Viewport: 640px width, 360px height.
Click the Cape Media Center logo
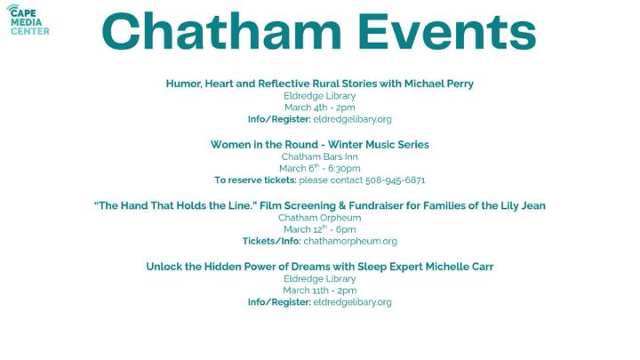(28, 20)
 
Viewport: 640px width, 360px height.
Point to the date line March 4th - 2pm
(319, 107)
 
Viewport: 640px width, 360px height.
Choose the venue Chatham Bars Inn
(319, 156)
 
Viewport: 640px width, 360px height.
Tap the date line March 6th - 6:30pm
(319, 168)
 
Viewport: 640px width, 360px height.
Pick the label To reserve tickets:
(255, 180)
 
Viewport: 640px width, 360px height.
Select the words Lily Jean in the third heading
(521, 205)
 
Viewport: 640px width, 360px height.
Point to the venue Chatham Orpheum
(319, 218)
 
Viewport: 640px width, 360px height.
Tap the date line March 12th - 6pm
(319, 229)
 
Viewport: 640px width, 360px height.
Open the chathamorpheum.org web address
(350, 241)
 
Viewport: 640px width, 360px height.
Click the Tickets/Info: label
(271, 241)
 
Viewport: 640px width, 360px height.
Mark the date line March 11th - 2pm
(319, 290)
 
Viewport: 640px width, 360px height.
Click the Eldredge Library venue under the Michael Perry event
(319, 95)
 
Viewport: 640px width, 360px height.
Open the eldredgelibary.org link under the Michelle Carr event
(353, 302)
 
